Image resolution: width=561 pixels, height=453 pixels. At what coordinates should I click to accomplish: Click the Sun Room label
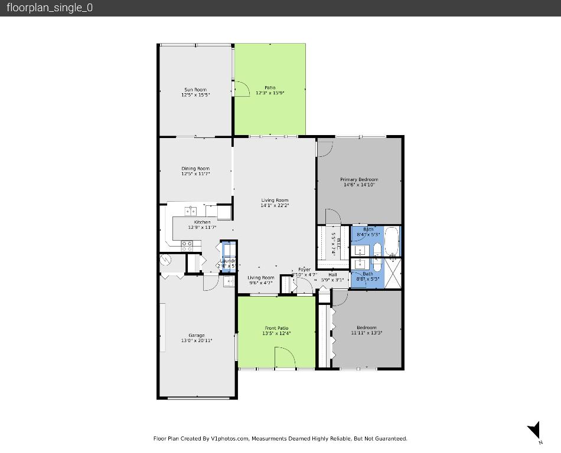click(195, 90)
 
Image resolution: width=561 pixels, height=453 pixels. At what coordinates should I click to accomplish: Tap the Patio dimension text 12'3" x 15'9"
click(270, 93)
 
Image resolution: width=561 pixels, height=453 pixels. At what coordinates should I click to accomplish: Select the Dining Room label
click(195, 169)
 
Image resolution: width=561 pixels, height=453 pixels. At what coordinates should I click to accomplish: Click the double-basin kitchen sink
click(191, 211)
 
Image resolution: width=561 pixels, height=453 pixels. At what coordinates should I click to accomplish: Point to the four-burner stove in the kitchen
click(187, 246)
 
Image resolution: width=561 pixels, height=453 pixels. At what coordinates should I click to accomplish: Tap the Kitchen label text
click(202, 222)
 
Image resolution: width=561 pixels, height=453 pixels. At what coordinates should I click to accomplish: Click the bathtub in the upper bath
click(392, 241)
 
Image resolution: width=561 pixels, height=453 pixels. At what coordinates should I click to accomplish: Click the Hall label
click(332, 274)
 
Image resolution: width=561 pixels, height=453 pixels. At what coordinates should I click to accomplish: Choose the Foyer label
click(304, 270)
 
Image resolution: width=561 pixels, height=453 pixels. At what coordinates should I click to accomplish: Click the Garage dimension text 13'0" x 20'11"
click(197, 340)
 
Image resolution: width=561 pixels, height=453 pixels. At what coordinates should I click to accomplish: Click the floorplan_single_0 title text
click(50, 8)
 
